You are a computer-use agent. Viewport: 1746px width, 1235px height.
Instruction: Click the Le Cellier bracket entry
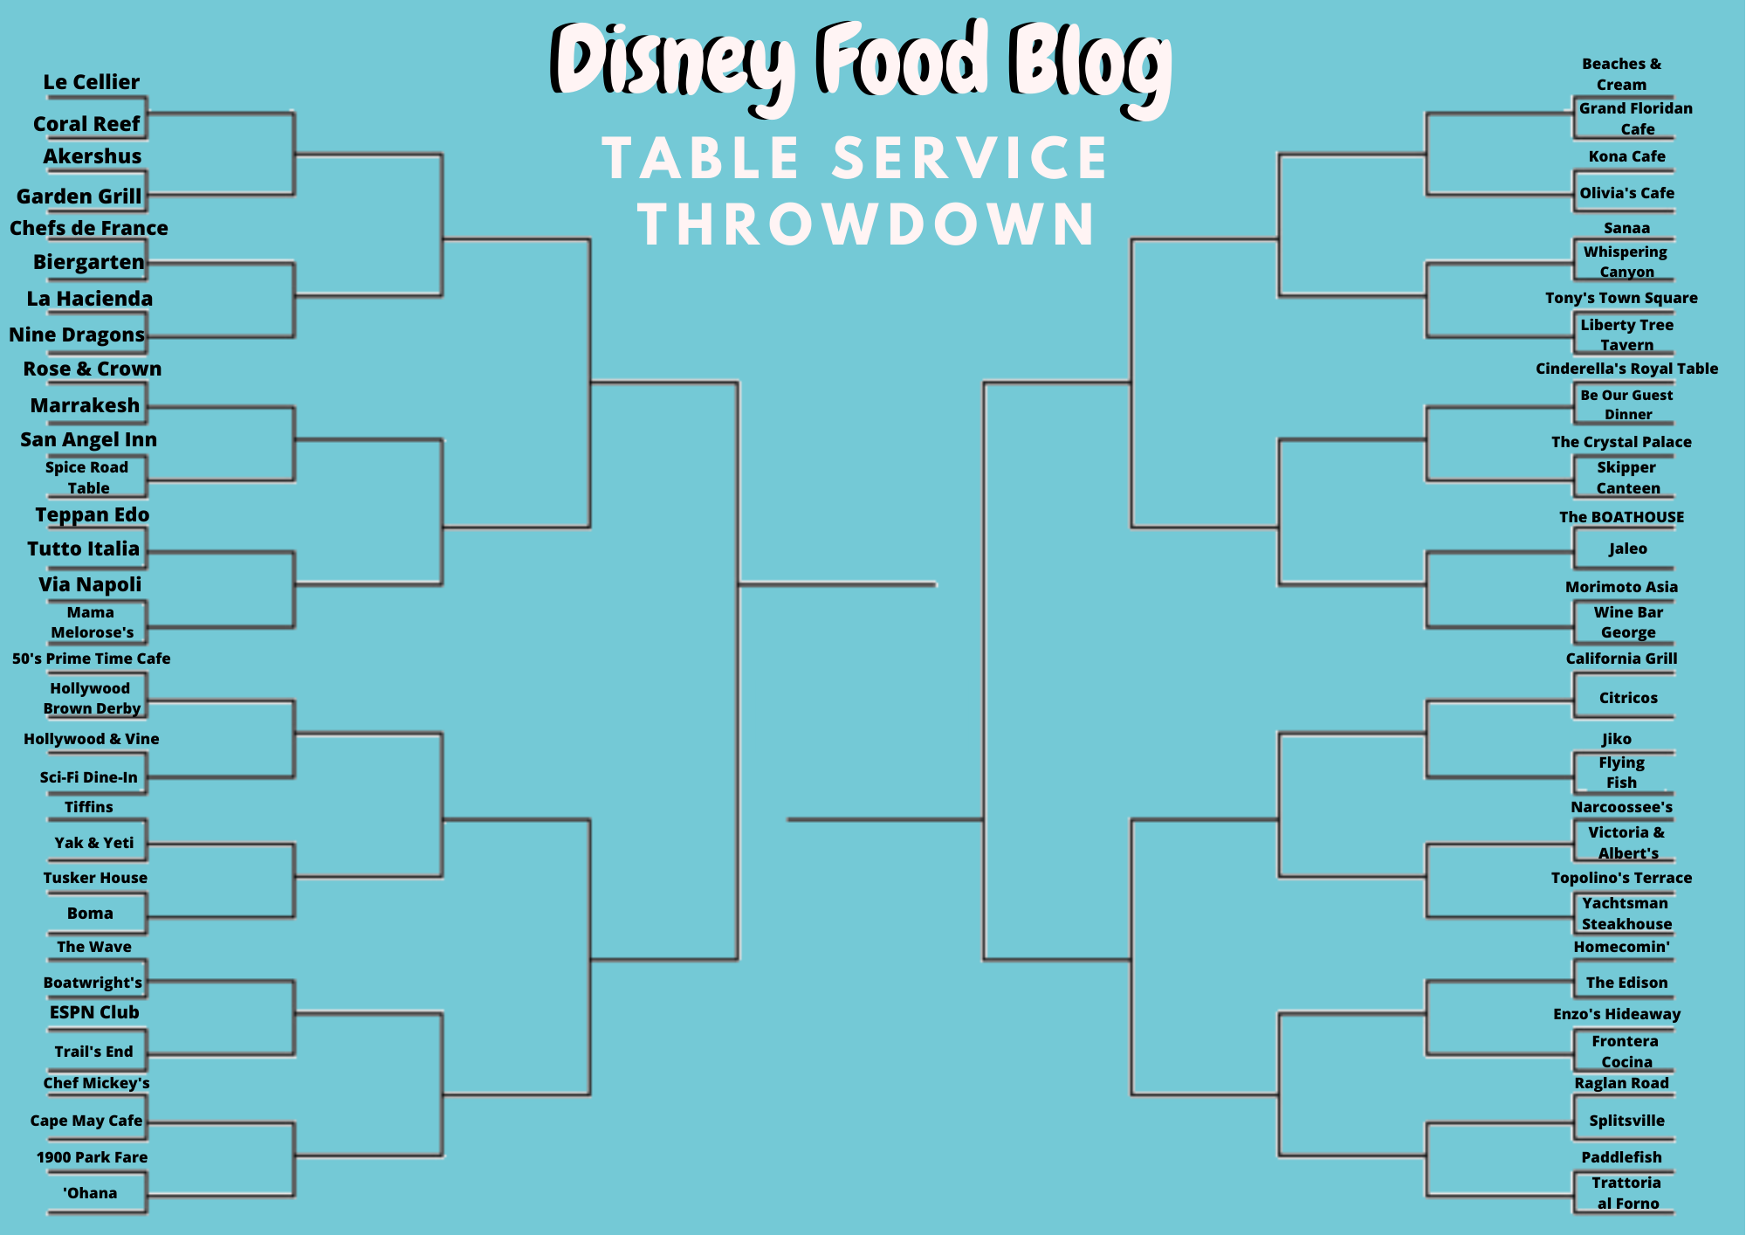92,82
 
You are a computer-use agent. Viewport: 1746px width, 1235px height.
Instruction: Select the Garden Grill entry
79,197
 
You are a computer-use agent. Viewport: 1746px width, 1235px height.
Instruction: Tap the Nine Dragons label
77,335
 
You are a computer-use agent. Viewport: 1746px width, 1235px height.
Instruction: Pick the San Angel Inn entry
89,439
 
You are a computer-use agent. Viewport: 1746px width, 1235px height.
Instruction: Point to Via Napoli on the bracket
90,584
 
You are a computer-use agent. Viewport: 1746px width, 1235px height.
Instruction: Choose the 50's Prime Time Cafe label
92,659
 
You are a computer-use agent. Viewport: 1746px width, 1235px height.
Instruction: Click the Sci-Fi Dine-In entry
88,777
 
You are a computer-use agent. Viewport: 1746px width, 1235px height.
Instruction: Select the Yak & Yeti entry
94,843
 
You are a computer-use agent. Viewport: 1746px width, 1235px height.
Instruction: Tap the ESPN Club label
94,1012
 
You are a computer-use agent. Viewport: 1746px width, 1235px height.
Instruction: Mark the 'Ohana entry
90,1193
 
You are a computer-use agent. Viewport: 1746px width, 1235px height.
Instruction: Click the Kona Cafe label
1627,156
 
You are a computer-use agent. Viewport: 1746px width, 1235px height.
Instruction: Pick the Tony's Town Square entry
1621,298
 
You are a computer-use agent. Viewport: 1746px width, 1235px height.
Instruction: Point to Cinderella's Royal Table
1626,369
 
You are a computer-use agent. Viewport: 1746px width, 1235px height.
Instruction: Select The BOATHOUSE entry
1622,517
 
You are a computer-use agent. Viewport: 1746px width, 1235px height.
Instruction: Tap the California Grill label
1622,659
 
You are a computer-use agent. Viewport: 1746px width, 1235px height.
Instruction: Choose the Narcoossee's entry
1622,807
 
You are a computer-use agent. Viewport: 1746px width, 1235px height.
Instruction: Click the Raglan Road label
1622,1083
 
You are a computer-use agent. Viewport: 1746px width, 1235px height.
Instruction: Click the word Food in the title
904,59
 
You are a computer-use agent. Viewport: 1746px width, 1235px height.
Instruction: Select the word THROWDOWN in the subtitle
867,224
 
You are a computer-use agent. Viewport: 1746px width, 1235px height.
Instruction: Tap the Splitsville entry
1626,1121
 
